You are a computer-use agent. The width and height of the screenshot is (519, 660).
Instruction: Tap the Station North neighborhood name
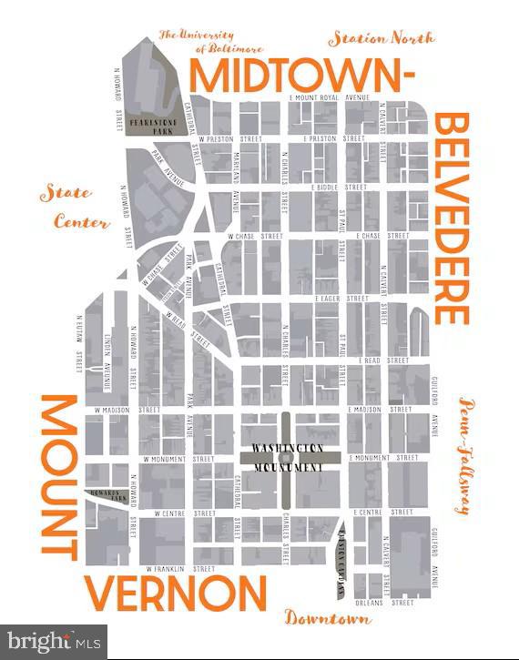point(382,38)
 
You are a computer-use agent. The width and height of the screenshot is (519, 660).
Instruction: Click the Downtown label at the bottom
point(328,619)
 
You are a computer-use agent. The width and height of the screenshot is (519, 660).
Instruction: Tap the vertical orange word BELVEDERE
point(453,218)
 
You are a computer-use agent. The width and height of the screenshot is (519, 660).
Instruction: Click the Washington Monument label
point(288,457)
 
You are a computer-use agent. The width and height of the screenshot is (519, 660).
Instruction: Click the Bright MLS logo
point(53,641)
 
